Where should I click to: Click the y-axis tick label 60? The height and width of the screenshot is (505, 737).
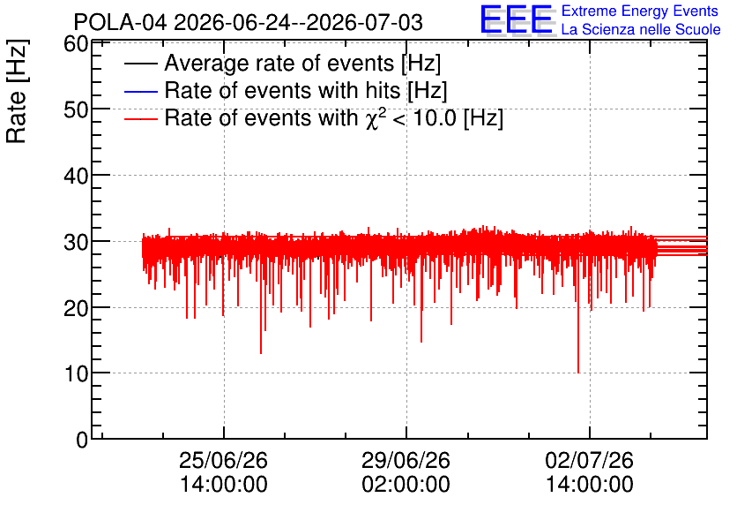pyautogui.click(x=76, y=44)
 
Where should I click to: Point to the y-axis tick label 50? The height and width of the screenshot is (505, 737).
pyautogui.click(x=76, y=109)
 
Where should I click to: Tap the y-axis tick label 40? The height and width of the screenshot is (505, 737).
pyautogui.click(x=76, y=176)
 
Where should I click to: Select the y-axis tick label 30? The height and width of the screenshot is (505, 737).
pyautogui.click(x=76, y=242)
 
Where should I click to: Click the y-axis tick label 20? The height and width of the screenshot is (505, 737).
pyautogui.click(x=76, y=308)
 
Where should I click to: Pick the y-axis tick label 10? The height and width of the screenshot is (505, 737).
pyautogui.click(x=76, y=373)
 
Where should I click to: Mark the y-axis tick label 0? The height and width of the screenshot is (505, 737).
pyautogui.click(x=82, y=440)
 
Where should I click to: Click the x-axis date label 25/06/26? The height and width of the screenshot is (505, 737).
pyautogui.click(x=223, y=460)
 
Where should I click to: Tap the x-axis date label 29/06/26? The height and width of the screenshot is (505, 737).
pyautogui.click(x=406, y=460)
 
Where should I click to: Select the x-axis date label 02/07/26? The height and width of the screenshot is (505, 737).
pyautogui.click(x=590, y=460)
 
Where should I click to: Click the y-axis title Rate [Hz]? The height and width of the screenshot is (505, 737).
pyautogui.click(x=17, y=91)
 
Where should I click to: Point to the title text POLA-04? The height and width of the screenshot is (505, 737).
pyautogui.click(x=120, y=22)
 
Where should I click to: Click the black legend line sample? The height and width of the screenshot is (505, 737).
pyautogui.click(x=140, y=64)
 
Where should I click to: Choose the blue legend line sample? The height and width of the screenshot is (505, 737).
pyautogui.click(x=140, y=91)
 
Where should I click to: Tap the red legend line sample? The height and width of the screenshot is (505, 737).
pyautogui.click(x=140, y=118)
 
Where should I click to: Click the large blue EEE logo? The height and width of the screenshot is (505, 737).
pyautogui.click(x=517, y=19)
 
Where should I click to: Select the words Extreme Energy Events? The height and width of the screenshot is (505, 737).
pyautogui.click(x=640, y=11)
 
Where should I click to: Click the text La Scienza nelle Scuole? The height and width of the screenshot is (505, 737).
pyautogui.click(x=641, y=29)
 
